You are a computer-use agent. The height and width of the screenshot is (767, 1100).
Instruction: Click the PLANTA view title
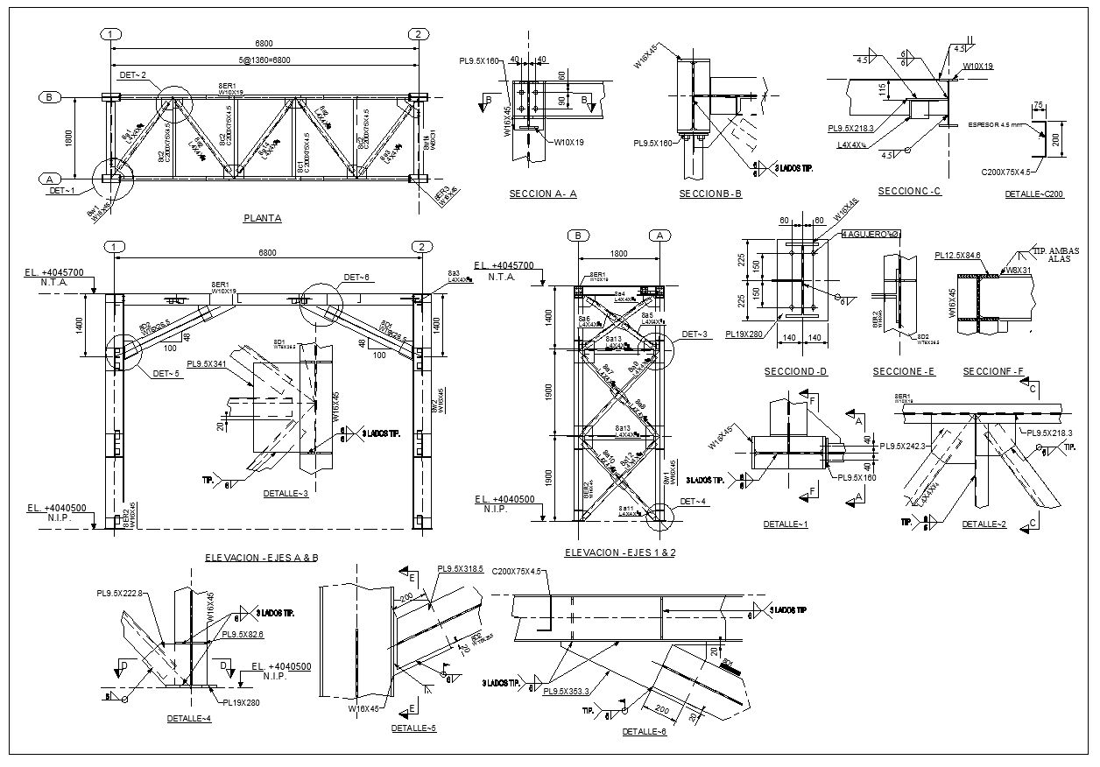(x=262, y=218)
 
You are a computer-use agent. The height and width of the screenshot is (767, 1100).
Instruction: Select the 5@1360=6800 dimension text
(x=264, y=60)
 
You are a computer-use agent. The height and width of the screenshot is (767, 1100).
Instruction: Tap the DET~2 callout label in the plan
(x=132, y=75)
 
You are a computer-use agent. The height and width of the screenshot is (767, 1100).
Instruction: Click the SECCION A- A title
(x=543, y=194)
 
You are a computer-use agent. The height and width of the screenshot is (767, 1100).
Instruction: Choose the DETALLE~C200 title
(x=1034, y=194)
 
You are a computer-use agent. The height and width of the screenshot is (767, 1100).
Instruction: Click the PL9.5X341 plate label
(x=207, y=364)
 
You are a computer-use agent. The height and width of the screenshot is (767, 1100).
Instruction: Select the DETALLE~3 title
(x=286, y=493)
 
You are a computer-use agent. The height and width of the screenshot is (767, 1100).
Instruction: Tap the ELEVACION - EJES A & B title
(x=261, y=557)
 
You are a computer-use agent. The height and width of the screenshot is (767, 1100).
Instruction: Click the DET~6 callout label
(x=356, y=278)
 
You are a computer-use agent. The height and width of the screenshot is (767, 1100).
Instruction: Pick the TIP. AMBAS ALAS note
(x=1053, y=255)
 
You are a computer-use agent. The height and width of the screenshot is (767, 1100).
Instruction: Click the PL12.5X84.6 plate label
(x=957, y=256)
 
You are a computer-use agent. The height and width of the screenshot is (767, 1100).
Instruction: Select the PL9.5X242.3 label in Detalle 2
(x=903, y=447)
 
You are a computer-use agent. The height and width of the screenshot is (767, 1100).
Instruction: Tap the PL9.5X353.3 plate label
(x=568, y=692)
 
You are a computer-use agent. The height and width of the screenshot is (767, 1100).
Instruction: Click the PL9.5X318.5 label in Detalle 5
(x=460, y=568)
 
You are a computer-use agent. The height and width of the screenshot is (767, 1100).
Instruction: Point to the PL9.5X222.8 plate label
(x=119, y=594)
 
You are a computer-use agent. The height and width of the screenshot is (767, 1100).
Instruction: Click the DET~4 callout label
(x=692, y=501)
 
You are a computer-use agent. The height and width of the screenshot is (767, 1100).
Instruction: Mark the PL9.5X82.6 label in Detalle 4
(x=243, y=635)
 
